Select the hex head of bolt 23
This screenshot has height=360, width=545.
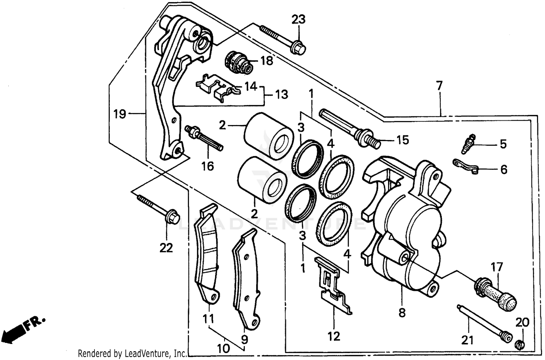(x=298, y=48)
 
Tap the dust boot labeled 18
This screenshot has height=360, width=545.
(x=238, y=62)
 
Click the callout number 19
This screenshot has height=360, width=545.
(x=120, y=114)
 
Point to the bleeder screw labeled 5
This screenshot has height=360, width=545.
(x=468, y=143)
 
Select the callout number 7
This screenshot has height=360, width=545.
(x=439, y=86)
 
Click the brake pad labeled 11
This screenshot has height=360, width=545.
(x=206, y=255)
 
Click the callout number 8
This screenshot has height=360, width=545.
(x=402, y=313)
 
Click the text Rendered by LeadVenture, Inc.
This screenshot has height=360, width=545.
(x=133, y=353)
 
